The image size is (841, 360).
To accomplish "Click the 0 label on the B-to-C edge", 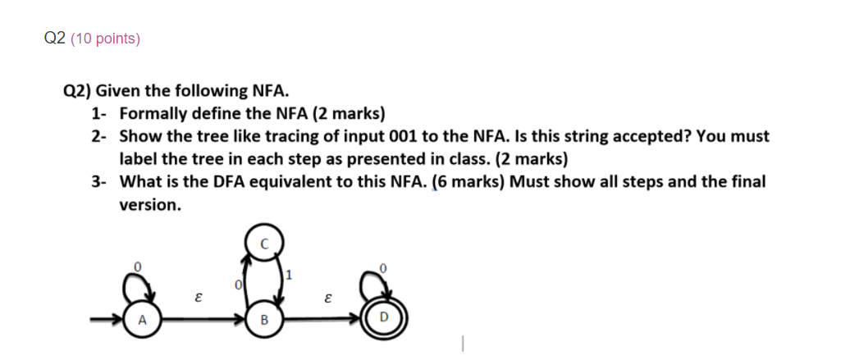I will click(x=238, y=285).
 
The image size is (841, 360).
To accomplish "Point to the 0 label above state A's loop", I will click(x=138, y=266).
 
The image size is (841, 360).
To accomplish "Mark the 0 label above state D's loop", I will click(x=382, y=267).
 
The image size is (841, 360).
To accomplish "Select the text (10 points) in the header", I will click(x=105, y=39).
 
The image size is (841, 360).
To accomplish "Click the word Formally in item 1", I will click(x=153, y=113).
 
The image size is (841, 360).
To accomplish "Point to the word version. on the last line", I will click(x=150, y=205).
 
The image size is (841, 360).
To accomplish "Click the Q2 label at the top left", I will click(x=54, y=39).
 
